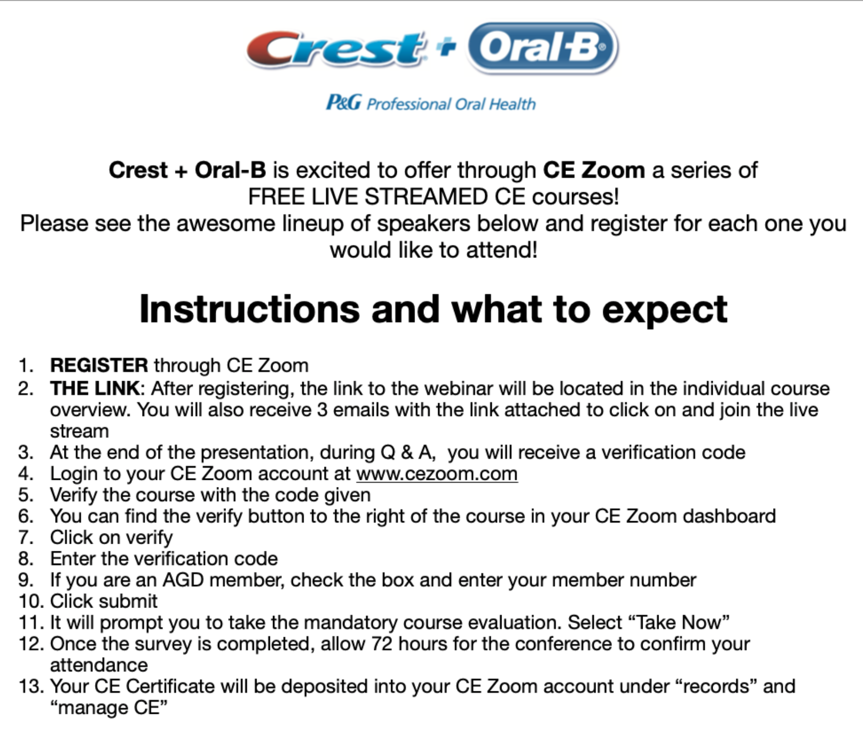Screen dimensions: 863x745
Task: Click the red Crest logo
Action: pyautogui.click(x=335, y=49)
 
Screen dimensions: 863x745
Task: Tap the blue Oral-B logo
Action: pyautogui.click(x=542, y=48)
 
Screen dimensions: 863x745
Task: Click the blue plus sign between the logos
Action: pyautogui.click(x=446, y=47)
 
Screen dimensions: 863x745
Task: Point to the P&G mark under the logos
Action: pyautogui.click(x=344, y=103)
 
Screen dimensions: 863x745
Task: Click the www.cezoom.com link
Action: pyautogui.click(x=437, y=474)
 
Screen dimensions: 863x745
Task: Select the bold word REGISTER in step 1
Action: pyautogui.click(x=99, y=365)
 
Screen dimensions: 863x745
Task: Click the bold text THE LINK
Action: pyautogui.click(x=95, y=388)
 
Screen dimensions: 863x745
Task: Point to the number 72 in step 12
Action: pyautogui.click(x=382, y=644)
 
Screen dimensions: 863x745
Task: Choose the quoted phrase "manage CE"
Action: pyautogui.click(x=109, y=708)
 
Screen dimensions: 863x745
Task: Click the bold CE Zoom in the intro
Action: pyautogui.click(x=594, y=170)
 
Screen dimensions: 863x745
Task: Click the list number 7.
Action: pyautogui.click(x=26, y=538)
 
